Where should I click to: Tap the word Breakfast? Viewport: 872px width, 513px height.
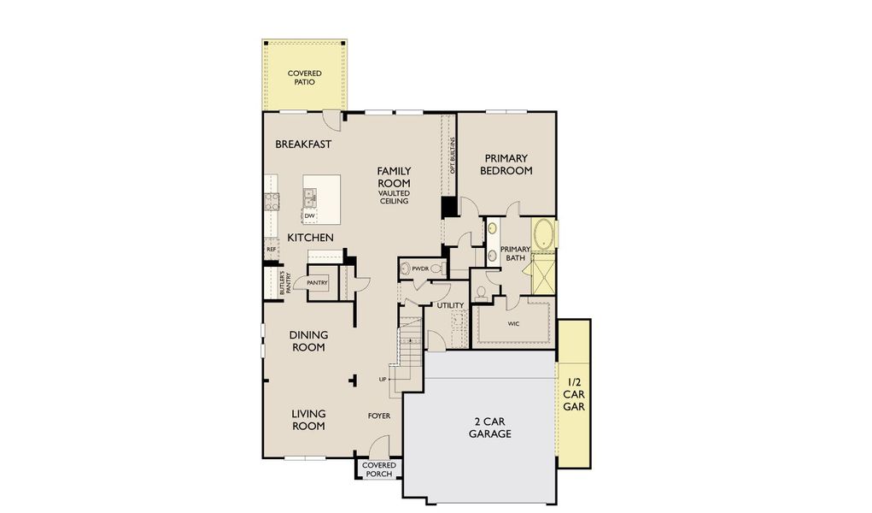(303, 144)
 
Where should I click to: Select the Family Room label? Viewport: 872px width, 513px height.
(394, 177)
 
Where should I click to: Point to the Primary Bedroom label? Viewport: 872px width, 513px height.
(507, 164)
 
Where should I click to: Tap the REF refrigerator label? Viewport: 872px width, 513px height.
(271, 250)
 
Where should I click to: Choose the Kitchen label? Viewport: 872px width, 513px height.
(309, 237)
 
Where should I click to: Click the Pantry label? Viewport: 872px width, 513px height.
(318, 282)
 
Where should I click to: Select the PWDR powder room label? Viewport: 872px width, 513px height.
(419, 268)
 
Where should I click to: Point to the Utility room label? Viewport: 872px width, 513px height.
(450, 305)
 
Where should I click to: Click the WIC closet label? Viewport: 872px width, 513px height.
(512, 324)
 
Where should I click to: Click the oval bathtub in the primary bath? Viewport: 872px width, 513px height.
(543, 233)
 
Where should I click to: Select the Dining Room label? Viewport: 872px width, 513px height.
(308, 341)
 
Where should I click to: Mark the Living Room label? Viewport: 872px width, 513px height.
(308, 419)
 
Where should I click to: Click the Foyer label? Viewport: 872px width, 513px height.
(379, 416)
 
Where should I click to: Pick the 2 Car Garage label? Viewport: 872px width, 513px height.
(489, 427)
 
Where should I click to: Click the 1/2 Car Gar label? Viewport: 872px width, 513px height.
(573, 395)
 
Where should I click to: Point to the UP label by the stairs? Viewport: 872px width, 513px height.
(383, 379)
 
